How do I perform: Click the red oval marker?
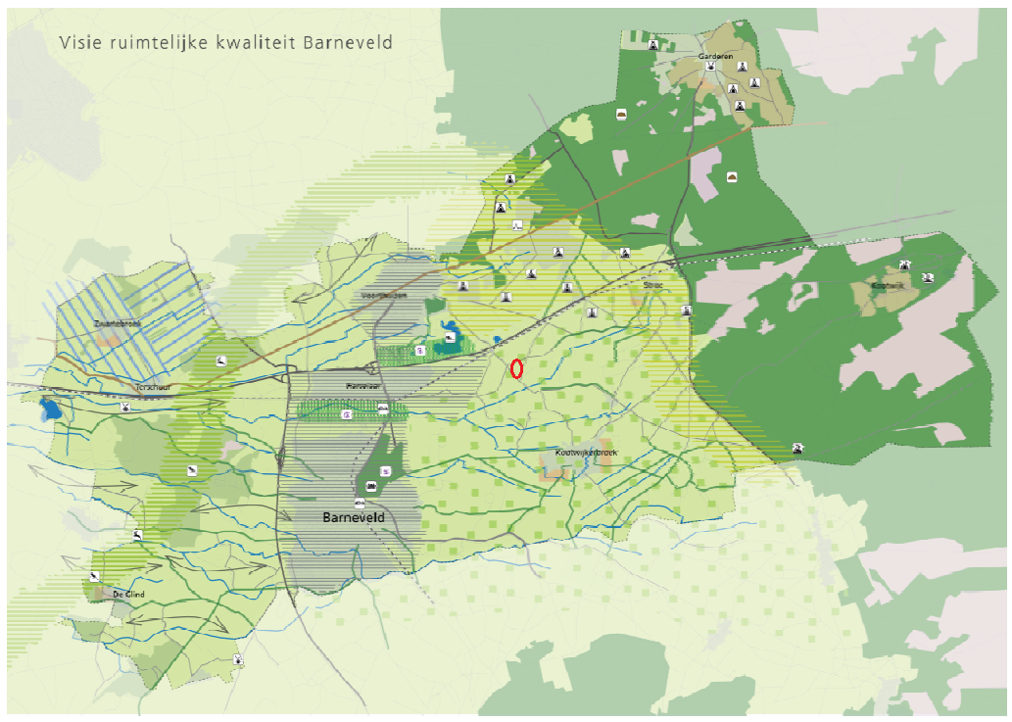516,369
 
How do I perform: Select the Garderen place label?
715,57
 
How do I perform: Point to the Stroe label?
653,285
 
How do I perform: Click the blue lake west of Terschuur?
48,408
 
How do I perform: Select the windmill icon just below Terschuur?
126,406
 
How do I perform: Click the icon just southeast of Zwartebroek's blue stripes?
223,361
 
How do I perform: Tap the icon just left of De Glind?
94,576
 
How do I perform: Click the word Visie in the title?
77,43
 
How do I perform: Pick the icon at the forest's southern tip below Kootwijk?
798,448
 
